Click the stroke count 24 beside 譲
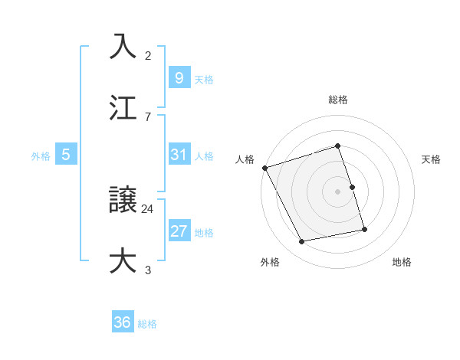pos(148,208)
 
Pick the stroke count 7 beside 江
pos(148,116)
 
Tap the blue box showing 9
pos(179,77)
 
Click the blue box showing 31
pos(179,155)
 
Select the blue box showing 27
pos(179,231)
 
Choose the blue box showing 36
pos(123,322)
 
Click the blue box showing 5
pos(66,155)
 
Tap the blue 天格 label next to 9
pos(204,79)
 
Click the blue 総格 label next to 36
pos(147,324)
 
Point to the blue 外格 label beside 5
pos(41,156)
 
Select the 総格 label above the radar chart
pos(338,100)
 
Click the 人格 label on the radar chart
pos(245,159)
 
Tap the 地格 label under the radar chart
pos(402,262)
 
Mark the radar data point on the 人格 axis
pos(264,168)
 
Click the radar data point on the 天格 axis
pos(352,187)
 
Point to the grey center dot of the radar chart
pos(338,191)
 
